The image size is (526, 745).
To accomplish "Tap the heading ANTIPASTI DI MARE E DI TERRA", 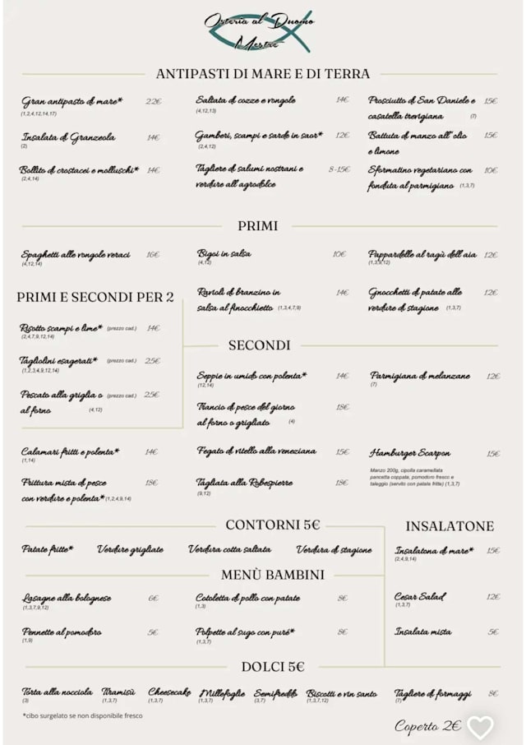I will tap(262, 74).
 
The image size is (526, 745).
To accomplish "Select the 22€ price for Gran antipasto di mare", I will tap(154, 102).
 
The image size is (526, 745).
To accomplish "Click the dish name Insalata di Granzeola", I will tap(68, 137).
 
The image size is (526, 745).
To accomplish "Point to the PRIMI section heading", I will tap(257, 225).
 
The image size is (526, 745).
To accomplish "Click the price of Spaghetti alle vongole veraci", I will tap(153, 255).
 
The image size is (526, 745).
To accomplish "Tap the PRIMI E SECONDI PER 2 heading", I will tap(95, 297).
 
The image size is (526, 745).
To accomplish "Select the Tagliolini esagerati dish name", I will tap(58, 360).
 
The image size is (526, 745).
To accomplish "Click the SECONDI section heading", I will tap(259, 345).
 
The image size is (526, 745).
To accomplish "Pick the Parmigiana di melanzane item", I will tap(420, 376).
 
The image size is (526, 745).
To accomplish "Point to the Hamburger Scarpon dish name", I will tap(409, 453).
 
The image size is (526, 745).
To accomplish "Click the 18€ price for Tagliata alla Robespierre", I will tap(342, 484).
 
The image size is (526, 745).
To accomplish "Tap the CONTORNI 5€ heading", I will tap(273, 525).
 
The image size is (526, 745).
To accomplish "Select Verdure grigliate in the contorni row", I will tap(130, 549).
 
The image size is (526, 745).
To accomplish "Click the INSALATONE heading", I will tap(450, 526).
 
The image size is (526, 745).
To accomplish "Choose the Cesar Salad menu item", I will tap(420, 596).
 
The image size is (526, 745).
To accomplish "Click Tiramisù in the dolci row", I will tap(118, 693).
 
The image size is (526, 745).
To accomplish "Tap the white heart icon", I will tap(480, 727).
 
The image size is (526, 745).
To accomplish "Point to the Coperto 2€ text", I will tap(427, 726).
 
